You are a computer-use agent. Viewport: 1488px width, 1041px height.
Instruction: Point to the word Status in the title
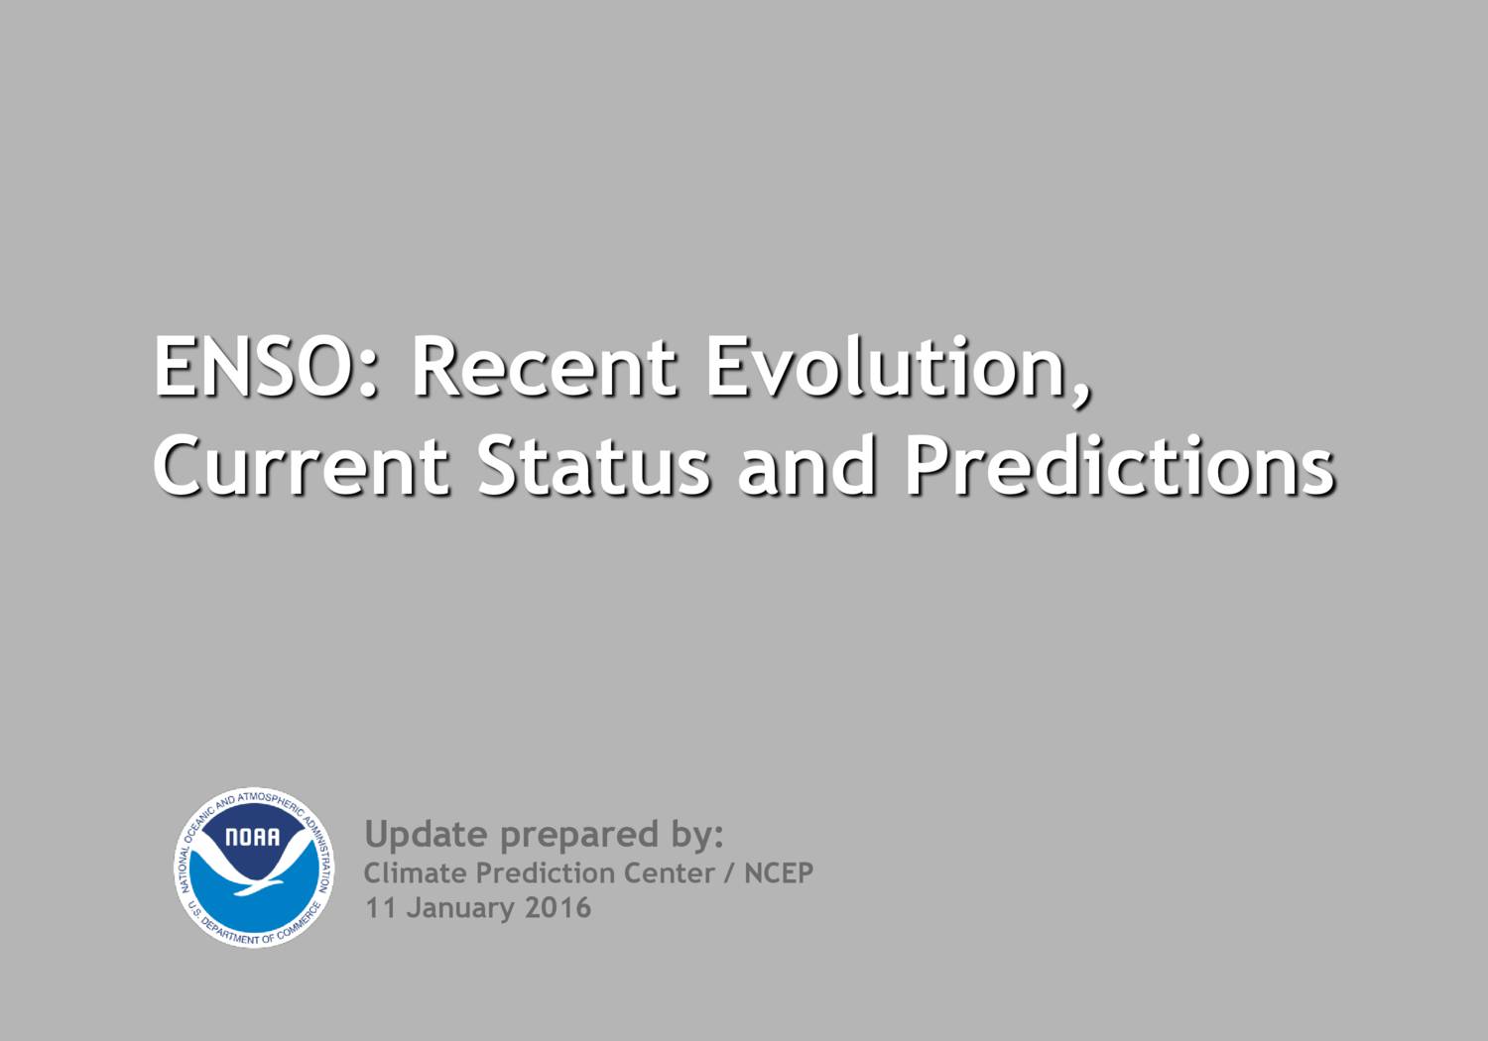point(593,466)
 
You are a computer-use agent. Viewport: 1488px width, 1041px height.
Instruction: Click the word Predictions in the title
point(1119,466)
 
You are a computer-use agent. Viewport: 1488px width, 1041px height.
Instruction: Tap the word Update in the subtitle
point(427,835)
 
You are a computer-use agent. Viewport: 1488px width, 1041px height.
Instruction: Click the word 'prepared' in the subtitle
point(579,836)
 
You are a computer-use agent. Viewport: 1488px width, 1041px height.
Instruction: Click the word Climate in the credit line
point(415,873)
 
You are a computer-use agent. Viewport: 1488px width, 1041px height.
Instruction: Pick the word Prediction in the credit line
point(547,873)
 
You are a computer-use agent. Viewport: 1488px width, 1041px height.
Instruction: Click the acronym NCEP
point(779,873)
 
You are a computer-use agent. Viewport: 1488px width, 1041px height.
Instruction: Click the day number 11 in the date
point(380,908)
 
